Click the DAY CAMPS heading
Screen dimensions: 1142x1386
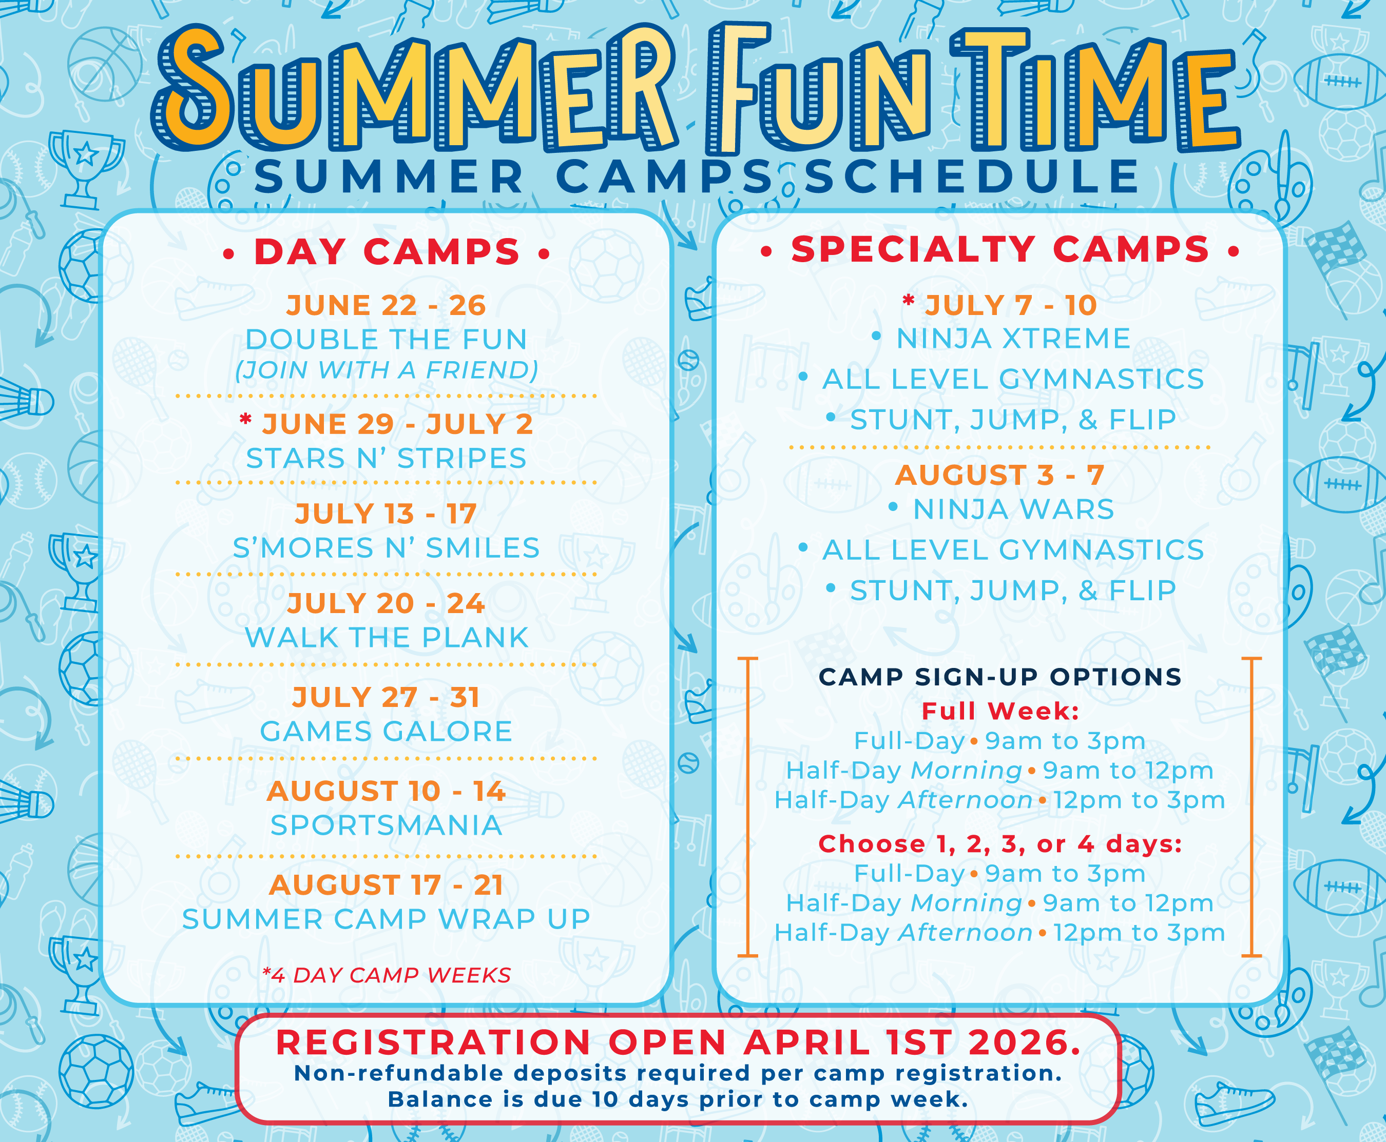click(x=387, y=252)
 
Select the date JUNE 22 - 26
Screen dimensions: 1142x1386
click(x=387, y=305)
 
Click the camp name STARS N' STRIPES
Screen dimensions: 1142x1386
click(x=387, y=459)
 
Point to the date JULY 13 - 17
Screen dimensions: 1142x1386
click(x=387, y=514)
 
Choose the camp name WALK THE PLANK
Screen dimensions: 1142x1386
click(x=387, y=638)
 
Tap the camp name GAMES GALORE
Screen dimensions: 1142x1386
click(x=387, y=732)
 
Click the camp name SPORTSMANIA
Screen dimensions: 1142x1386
click(x=387, y=825)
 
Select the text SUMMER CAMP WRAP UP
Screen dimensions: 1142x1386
click(x=387, y=919)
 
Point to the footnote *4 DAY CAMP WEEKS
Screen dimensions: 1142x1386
click(x=387, y=975)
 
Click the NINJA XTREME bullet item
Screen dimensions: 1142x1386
click(x=1013, y=339)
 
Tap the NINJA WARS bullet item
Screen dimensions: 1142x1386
click(x=1013, y=509)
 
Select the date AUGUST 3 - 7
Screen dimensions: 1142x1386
click(x=999, y=475)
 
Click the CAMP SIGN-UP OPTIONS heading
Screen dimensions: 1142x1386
click(x=999, y=677)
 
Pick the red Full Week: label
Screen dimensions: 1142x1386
click(x=999, y=711)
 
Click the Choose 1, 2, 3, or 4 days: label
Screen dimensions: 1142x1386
click(x=999, y=844)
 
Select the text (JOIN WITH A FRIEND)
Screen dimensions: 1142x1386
click(x=387, y=370)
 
